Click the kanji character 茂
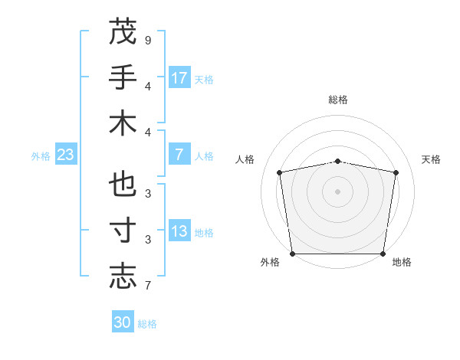pos(123,31)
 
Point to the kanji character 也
pos(123,186)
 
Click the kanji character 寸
pos(123,231)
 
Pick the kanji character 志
pos(123,277)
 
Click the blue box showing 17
pos(179,78)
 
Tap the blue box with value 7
pos(179,155)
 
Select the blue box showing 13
pos(179,232)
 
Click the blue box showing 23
pos(66,155)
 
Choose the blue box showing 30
pos(123,322)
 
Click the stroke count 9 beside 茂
pos(147,40)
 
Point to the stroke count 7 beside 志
pos(147,286)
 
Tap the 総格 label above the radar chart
pos(338,100)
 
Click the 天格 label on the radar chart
pos(432,159)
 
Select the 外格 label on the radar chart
pos(270,262)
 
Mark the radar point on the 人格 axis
pos(280,172)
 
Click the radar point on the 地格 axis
pos(383,254)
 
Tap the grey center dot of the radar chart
pos(338,191)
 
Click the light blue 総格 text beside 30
pos(148,324)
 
